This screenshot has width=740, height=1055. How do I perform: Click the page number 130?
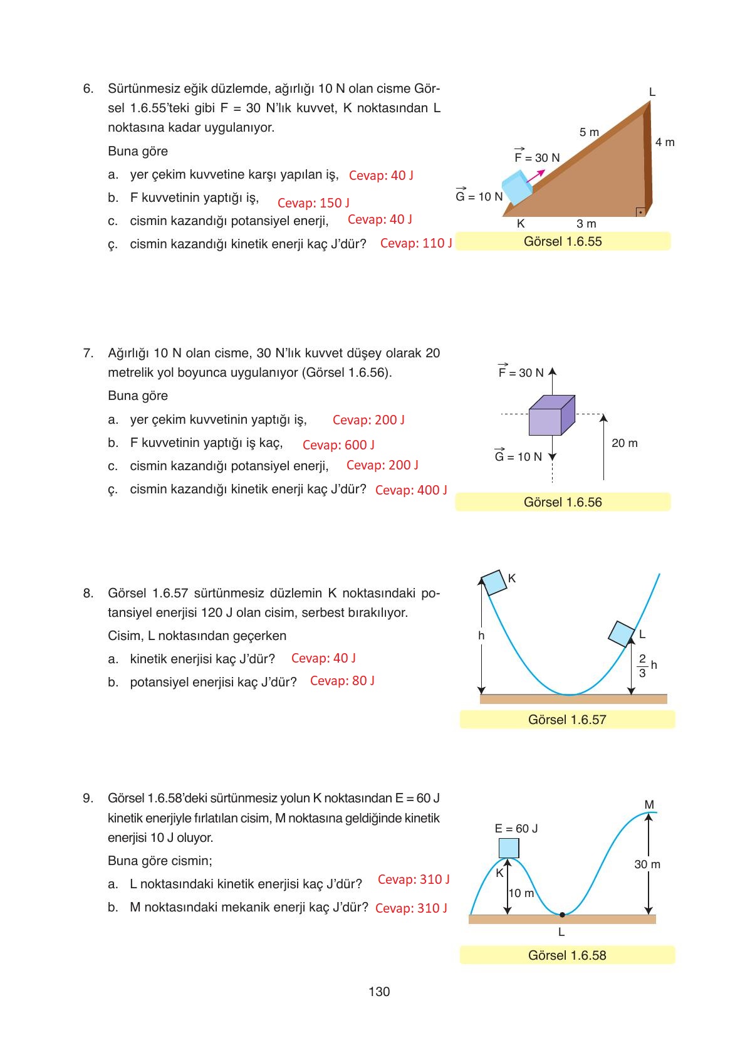pos(379,991)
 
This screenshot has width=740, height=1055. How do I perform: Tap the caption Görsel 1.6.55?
pos(562,241)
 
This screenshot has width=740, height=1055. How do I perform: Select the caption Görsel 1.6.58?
pos(566,955)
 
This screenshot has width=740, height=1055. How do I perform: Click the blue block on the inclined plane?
pos(516,187)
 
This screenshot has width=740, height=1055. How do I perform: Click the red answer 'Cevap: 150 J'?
pos(313,202)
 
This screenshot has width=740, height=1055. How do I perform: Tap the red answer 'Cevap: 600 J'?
pos(338,444)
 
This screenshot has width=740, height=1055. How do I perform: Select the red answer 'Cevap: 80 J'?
pos(342,681)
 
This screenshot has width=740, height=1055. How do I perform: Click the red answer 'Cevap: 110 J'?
pos(416,243)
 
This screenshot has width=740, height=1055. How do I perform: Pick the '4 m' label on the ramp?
pos(665,142)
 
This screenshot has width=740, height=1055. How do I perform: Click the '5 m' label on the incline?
pos(589,132)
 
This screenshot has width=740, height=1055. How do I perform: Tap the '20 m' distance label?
pos(624,443)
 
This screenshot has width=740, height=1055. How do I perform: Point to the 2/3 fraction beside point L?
pos(642,666)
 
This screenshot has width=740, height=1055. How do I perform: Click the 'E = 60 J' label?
pos(516,829)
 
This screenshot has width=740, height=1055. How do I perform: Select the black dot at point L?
pos(562,915)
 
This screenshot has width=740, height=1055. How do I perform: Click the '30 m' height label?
pos(647,864)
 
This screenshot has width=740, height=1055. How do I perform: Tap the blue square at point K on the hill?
pos(508,848)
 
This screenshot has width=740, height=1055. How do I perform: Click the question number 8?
pos(88,593)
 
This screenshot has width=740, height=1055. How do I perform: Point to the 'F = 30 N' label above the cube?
pos(521,372)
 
